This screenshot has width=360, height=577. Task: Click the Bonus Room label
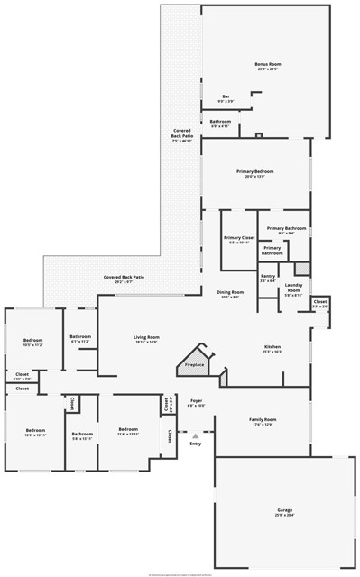coord(268,64)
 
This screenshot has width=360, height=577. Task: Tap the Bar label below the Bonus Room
coord(226,97)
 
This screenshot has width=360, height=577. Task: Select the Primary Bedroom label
coord(254,171)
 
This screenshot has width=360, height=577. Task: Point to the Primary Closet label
coord(239,237)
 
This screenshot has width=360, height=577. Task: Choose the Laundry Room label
coord(293,288)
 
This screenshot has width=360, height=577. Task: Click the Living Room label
coord(146,337)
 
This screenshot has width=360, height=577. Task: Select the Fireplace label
coord(194,364)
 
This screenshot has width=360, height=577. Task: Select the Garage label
coord(284,511)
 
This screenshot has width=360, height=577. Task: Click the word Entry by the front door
coord(195,444)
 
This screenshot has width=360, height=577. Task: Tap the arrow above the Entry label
coord(195,435)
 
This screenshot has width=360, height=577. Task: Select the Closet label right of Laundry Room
coord(320,301)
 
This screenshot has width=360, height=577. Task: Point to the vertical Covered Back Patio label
coord(182,136)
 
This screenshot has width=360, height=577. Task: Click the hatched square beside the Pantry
coord(301,269)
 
